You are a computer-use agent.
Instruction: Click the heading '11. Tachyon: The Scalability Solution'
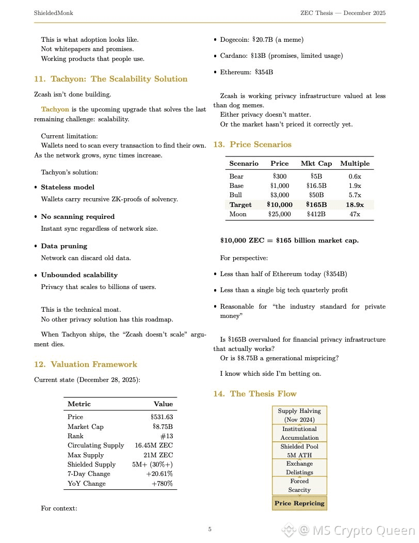point(110,79)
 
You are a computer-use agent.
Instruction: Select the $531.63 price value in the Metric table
point(162,417)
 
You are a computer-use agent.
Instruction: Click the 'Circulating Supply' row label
point(95,445)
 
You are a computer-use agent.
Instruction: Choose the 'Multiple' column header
point(354,164)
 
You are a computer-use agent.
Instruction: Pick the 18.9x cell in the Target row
point(354,205)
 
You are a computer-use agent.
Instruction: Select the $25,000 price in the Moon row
point(280,214)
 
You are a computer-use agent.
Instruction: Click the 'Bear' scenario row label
point(236,177)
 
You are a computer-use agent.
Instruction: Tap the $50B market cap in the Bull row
point(316,195)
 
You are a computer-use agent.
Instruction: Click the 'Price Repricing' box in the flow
point(299,503)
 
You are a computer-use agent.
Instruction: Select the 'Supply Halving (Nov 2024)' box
point(299,415)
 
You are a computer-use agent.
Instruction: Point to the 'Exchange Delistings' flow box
point(299,468)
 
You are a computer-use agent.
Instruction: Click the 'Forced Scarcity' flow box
point(299,485)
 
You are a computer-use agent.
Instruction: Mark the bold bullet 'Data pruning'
point(64,246)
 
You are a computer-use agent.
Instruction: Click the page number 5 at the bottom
point(209,529)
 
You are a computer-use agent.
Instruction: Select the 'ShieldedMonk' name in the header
point(53,12)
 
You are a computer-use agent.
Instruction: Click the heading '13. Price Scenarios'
point(252,145)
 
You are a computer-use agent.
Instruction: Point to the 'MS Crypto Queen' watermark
point(356,530)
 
